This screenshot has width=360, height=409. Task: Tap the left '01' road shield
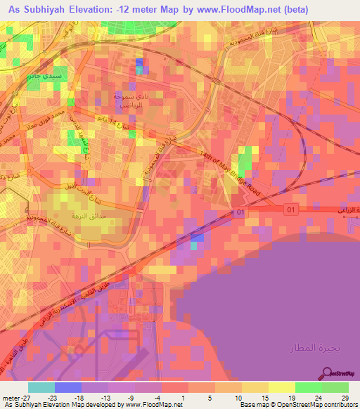coord(240,212)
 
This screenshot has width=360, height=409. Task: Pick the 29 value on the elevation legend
coord(344,398)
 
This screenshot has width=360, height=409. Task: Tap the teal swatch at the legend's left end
coord(41,387)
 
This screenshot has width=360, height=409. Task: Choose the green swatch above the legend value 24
coord(309,387)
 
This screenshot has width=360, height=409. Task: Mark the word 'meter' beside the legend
coord(11,398)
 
